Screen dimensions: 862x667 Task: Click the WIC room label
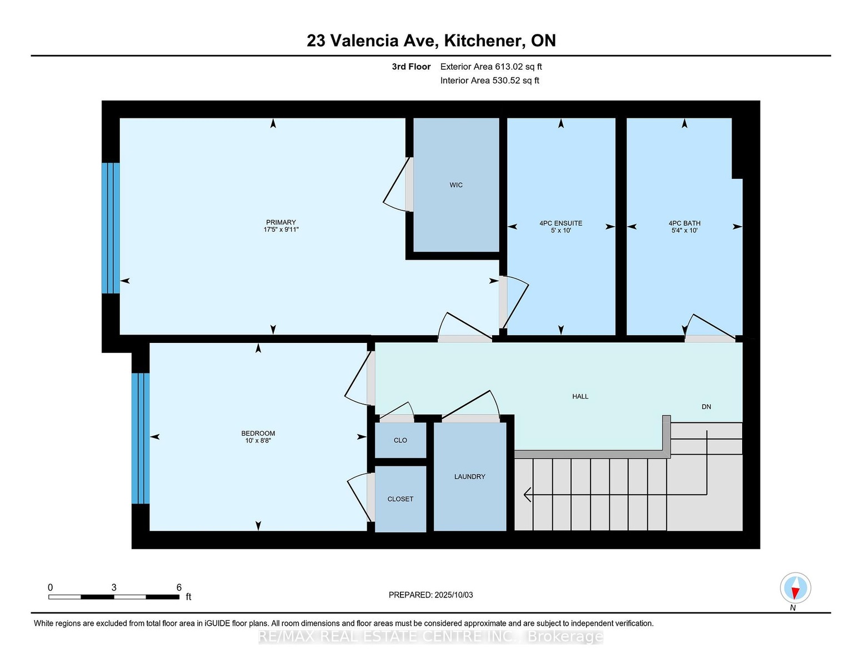coord(456,185)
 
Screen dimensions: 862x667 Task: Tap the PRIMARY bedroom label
coord(281,222)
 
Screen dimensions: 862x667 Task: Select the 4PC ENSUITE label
coord(560,223)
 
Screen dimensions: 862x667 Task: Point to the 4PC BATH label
coord(684,223)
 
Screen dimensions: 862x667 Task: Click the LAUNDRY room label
coord(470,476)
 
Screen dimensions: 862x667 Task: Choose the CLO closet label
coord(400,440)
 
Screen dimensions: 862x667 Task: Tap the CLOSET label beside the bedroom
coord(400,499)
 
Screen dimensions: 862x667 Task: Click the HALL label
coord(580,396)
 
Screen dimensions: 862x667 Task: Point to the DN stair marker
coord(706,407)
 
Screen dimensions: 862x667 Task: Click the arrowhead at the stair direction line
coord(528,495)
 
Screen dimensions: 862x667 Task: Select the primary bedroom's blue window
coord(111,228)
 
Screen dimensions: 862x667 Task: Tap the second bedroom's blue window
coord(141,438)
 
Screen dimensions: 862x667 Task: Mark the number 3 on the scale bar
coord(114,588)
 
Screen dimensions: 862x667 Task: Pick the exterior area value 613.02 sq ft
coord(517,67)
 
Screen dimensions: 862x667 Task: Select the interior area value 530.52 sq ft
coord(515,81)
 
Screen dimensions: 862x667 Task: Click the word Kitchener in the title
coord(483,41)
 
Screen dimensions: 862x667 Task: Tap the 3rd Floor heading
coord(411,67)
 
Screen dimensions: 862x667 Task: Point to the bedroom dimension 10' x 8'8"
coord(258,440)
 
